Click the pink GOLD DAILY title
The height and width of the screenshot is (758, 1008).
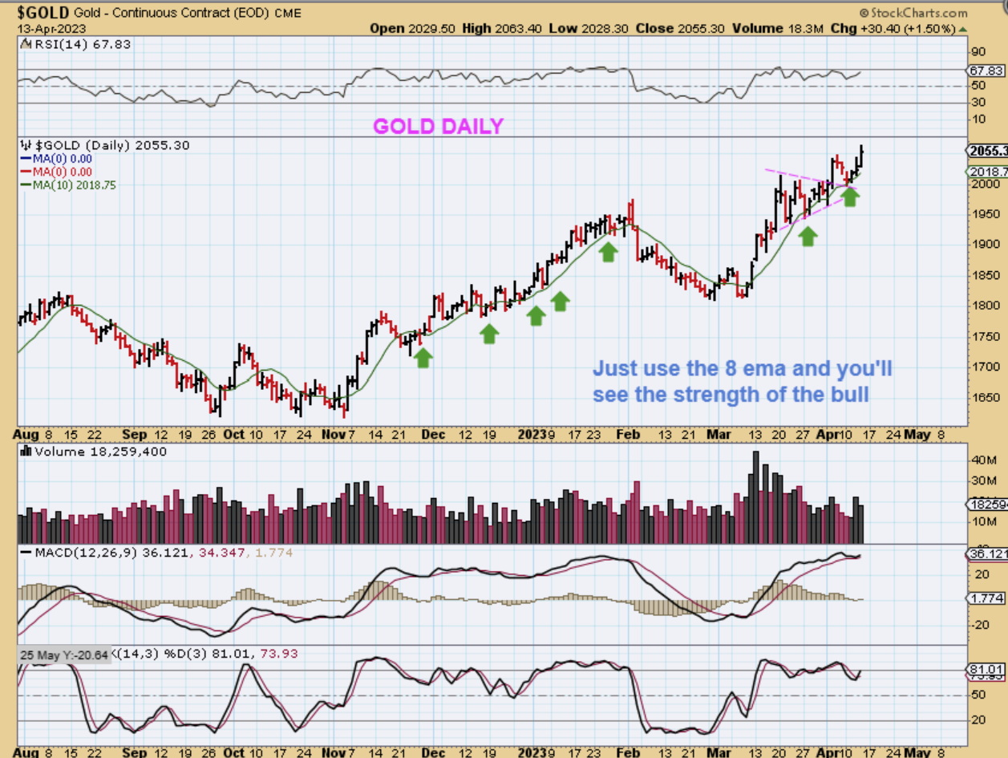[x=438, y=126]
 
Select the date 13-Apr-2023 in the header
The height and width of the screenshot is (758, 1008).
[x=47, y=28]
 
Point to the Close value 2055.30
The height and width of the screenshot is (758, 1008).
[x=680, y=28]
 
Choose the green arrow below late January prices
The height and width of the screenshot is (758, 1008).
[x=609, y=252]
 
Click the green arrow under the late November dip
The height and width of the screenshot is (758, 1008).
[x=423, y=358]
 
